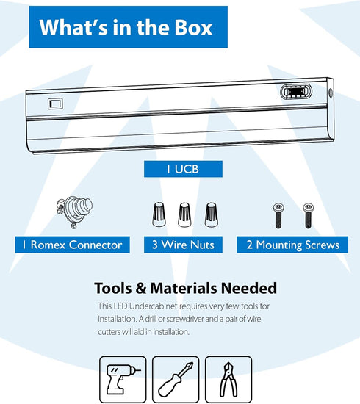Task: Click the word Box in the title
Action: [x=193, y=28]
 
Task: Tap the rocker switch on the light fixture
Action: [x=55, y=104]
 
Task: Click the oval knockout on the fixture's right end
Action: [x=296, y=92]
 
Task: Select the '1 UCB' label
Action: [x=183, y=169]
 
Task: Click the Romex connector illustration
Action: [x=74, y=212]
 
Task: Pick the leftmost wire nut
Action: [x=159, y=214]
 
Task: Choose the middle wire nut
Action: [x=184, y=215]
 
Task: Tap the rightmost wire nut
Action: [x=212, y=215]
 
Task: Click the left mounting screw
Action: [x=278, y=216]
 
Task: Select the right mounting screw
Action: [x=308, y=216]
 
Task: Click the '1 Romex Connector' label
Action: [x=72, y=245]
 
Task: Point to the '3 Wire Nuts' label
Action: [x=183, y=245]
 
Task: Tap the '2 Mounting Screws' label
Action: [x=292, y=245]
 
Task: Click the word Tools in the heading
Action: [x=113, y=288]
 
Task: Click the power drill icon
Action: [x=123, y=379]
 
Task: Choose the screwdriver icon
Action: [x=176, y=379]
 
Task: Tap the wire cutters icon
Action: [x=228, y=379]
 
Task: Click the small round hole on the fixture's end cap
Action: [x=331, y=93]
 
